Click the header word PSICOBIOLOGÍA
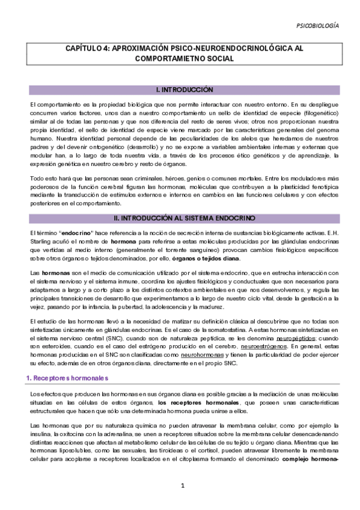[x=318, y=26]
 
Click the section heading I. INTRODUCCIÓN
[x=185, y=90]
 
